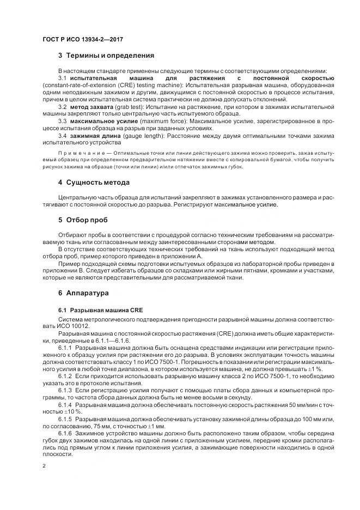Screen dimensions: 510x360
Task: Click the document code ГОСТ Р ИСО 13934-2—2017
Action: (80, 39)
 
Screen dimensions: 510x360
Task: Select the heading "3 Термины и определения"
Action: (106, 56)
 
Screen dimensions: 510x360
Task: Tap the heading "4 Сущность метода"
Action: (94, 182)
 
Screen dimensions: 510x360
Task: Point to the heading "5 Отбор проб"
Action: (83, 220)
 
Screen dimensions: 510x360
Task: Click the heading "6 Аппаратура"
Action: (83, 293)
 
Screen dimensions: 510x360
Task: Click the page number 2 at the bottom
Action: (45, 466)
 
